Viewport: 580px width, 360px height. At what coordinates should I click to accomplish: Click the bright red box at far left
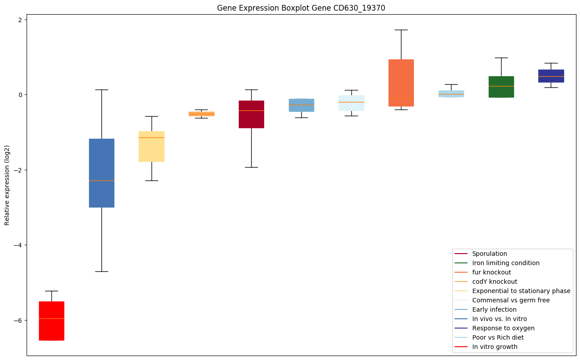[x=51, y=321]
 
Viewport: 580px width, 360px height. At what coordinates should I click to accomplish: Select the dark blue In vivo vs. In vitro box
[x=101, y=173]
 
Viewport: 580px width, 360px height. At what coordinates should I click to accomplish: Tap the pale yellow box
[x=152, y=146]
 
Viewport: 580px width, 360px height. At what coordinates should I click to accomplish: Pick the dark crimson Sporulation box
[x=251, y=114]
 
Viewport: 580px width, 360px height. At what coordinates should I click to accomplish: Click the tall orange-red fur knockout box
[x=401, y=83]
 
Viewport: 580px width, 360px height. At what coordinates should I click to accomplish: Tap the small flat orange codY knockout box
[x=201, y=114]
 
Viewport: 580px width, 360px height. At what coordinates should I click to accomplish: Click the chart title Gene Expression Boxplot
[x=298, y=8]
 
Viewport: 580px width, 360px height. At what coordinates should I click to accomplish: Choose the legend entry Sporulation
[x=489, y=254]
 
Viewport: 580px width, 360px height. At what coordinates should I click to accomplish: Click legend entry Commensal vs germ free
[x=510, y=300]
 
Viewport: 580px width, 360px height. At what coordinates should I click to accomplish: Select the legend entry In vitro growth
[x=494, y=347]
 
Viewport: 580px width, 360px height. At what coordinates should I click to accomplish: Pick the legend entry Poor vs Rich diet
[x=498, y=337]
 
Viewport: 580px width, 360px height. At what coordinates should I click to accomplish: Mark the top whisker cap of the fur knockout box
[x=401, y=30]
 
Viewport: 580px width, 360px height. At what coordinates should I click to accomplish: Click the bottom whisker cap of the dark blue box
[x=101, y=271]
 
